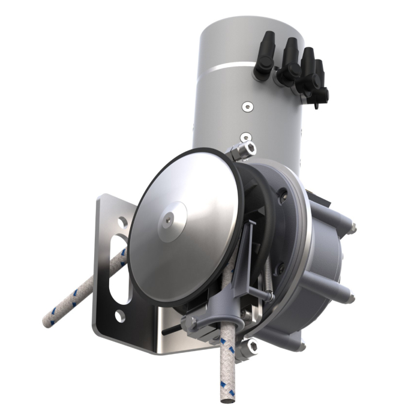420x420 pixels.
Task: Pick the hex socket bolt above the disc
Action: pos(245,147)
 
